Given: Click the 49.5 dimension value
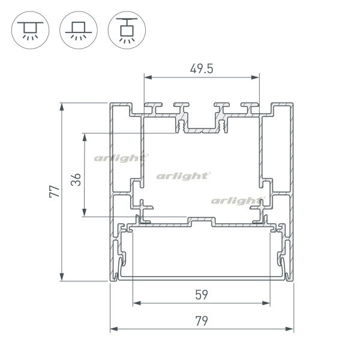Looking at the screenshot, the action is [202, 69].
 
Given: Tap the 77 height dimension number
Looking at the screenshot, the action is [55, 191].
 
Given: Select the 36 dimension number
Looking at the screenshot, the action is [76, 179].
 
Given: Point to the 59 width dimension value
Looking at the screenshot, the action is [202, 295].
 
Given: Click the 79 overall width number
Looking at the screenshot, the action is [202, 321].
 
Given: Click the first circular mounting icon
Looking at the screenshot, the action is [31, 30].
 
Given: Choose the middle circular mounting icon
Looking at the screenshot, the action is [79, 30].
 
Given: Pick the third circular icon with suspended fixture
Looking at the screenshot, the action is [127, 30].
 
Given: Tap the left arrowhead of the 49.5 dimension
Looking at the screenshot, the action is [148, 77].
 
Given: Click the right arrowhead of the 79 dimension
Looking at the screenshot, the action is [290, 329].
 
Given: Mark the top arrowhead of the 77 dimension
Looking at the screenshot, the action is [62, 107].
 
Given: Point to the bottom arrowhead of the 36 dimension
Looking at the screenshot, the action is [85, 212].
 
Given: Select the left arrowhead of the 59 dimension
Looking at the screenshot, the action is [137, 303].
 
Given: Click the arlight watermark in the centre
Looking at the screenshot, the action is [184, 176].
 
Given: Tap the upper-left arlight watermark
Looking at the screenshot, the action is [121, 158].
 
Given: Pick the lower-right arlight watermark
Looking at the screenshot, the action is [238, 201].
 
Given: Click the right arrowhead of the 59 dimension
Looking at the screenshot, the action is [266, 303].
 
